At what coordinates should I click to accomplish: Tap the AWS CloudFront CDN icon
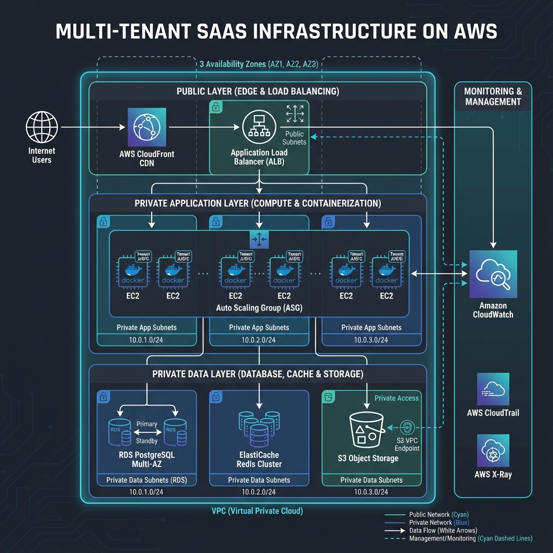click(147, 127)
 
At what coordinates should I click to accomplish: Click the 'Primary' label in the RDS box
click(147, 424)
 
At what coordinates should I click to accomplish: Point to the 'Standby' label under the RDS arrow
click(147, 441)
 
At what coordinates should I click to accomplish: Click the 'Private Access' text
click(396, 398)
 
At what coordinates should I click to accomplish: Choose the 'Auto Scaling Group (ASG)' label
click(259, 308)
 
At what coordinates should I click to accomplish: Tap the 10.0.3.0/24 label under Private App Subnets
click(371, 340)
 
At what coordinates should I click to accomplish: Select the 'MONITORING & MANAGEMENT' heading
click(493, 97)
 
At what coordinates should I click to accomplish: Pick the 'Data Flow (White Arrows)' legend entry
click(443, 530)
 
